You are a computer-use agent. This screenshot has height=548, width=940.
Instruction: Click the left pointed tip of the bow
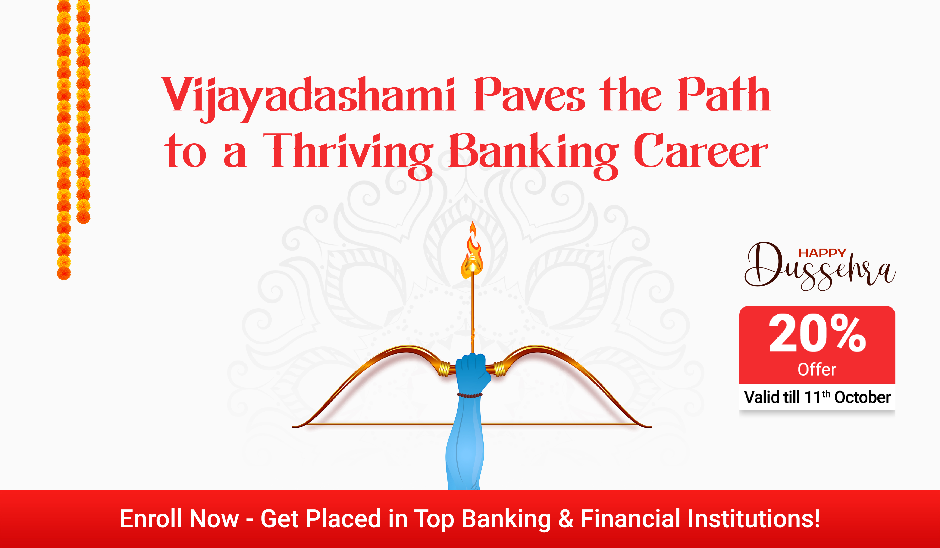(293, 426)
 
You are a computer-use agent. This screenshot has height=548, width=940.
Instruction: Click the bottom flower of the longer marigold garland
(64, 273)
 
